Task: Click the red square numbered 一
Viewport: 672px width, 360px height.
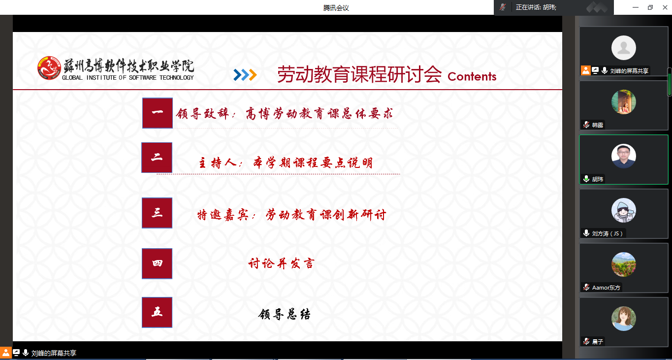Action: pos(158,113)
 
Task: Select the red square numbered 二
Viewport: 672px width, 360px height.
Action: pos(157,158)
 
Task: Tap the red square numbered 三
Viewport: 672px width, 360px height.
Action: pos(157,213)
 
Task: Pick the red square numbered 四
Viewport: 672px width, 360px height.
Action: pos(157,263)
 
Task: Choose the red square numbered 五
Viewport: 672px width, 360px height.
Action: pos(157,312)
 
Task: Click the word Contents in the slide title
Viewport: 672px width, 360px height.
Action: pos(472,76)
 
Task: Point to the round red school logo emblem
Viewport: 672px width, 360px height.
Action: pos(49,68)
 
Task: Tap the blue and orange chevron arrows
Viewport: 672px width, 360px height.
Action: pos(245,75)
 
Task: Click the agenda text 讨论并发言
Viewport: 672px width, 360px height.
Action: pos(281,263)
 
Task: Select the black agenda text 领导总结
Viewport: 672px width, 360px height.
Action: pos(284,314)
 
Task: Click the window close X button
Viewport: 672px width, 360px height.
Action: pos(665,7)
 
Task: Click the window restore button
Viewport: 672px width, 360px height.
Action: pos(650,7)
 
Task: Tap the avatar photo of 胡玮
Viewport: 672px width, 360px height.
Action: pos(624,156)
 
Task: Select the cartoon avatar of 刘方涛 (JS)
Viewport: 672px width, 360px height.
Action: pos(624,210)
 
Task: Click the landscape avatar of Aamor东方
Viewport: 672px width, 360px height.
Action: pos(624,264)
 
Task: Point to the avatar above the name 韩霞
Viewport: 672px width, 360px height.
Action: pos(624,102)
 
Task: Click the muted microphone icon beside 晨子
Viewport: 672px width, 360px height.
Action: pos(586,341)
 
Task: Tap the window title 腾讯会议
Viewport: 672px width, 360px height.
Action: pos(336,8)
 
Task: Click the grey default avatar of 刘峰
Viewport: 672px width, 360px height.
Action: pos(624,48)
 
